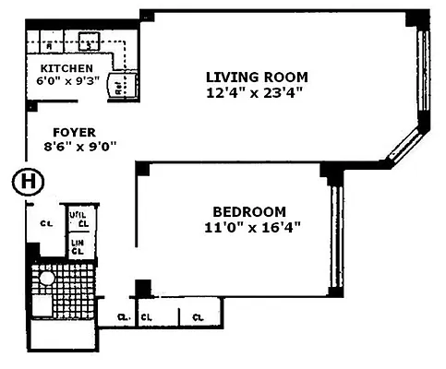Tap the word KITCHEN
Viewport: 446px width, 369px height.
click(x=66, y=68)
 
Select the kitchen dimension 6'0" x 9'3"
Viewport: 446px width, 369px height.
click(x=66, y=82)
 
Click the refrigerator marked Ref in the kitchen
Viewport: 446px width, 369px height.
click(x=122, y=87)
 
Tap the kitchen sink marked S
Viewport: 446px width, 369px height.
click(x=90, y=42)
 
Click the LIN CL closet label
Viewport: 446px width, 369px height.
click(x=79, y=246)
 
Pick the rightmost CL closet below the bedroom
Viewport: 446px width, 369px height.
click(x=198, y=317)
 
